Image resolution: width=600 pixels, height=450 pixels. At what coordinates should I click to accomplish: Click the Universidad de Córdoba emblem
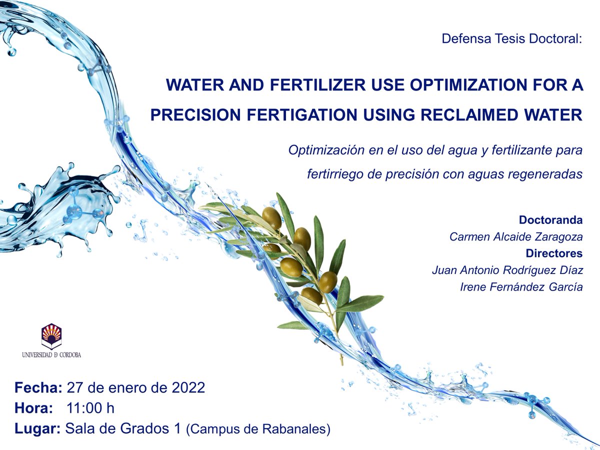[x=51, y=336]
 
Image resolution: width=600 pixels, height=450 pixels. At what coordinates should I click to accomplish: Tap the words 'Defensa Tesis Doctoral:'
[x=512, y=38]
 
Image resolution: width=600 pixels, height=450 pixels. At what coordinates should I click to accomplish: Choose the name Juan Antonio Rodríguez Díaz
[x=507, y=270]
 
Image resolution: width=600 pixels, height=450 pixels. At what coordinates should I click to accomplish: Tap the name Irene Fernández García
[x=521, y=286]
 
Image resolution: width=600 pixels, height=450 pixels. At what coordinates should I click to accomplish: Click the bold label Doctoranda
[x=550, y=220]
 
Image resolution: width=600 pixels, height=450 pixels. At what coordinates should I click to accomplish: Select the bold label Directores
[x=554, y=253]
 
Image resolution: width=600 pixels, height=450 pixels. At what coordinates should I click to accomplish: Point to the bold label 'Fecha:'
[x=38, y=387]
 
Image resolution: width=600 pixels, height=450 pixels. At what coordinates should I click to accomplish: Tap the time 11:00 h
[x=90, y=408]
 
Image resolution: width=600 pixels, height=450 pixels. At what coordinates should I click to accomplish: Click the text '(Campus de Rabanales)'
[x=258, y=429]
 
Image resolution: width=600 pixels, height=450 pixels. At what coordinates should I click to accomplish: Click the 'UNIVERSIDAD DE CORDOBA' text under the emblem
[x=51, y=355]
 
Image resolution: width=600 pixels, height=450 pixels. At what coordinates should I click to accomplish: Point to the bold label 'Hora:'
[x=34, y=408]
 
